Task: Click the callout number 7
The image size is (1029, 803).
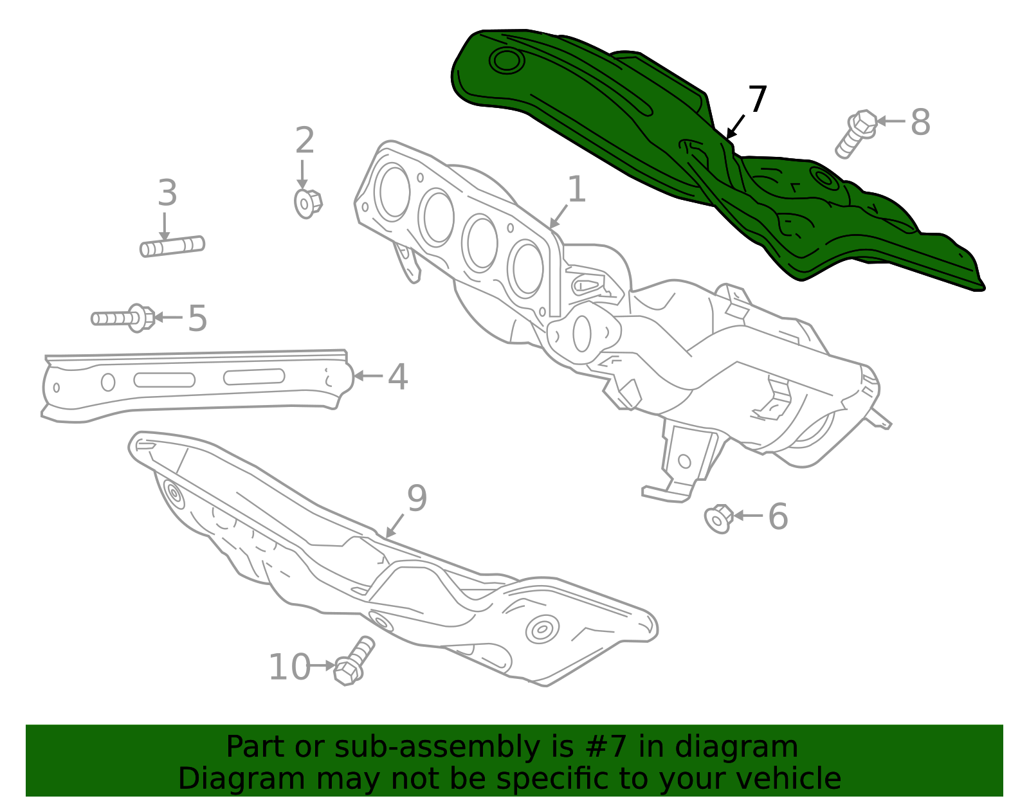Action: pyautogui.click(x=757, y=100)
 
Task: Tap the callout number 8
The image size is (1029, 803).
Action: pyautogui.click(x=920, y=122)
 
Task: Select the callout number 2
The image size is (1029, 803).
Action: pyautogui.click(x=305, y=141)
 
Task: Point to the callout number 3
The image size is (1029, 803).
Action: pyautogui.click(x=167, y=193)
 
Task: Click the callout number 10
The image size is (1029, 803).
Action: pyautogui.click(x=289, y=667)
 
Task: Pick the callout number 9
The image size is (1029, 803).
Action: pyautogui.click(x=417, y=498)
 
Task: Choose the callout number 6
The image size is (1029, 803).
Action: pyautogui.click(x=778, y=517)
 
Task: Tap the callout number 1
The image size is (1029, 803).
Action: pyautogui.click(x=576, y=190)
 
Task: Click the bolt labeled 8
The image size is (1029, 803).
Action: pyautogui.click(x=855, y=133)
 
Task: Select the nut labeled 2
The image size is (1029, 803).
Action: pyautogui.click(x=307, y=203)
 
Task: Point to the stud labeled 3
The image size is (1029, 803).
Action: pyautogui.click(x=172, y=246)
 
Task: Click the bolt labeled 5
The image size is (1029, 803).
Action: pyautogui.click(x=122, y=318)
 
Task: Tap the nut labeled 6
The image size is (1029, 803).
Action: pyautogui.click(x=719, y=518)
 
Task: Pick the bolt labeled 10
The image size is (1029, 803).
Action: pyautogui.click(x=354, y=662)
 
